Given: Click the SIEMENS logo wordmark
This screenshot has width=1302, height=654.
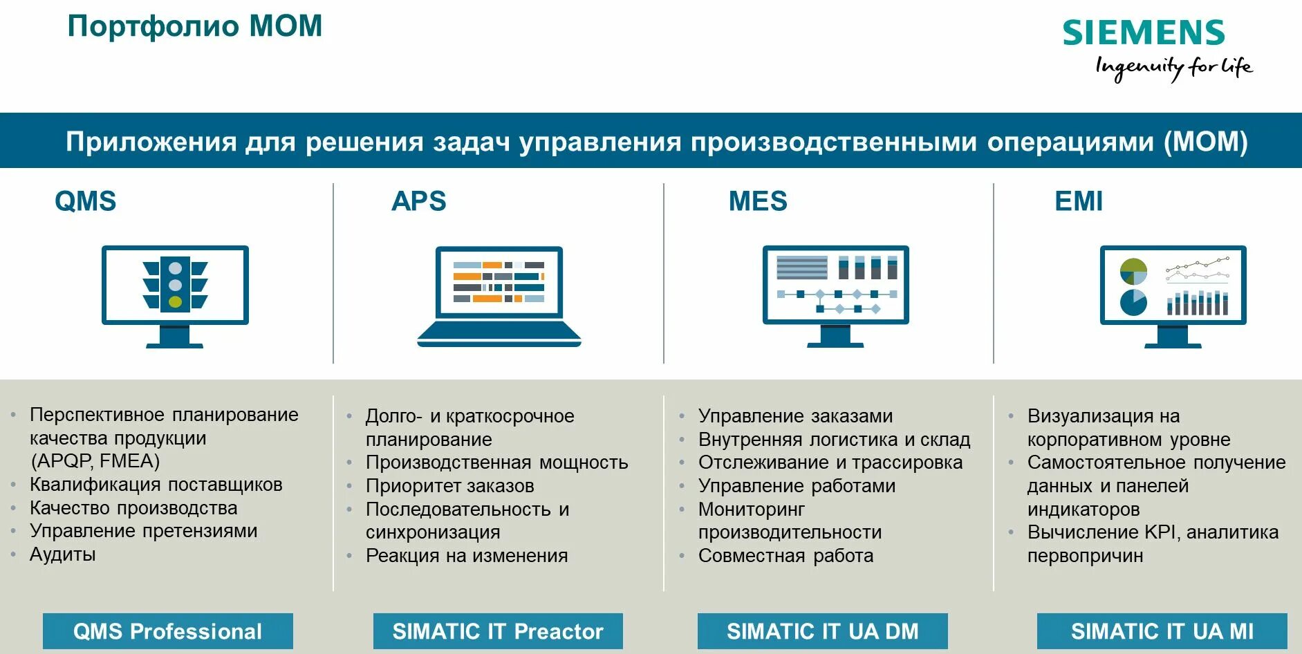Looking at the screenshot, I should pos(1143,32).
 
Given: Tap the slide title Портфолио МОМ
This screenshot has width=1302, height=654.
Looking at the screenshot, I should pos(194,26).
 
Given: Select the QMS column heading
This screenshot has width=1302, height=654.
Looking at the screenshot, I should pos(85,201).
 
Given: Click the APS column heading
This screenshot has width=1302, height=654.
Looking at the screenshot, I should pos(418,201).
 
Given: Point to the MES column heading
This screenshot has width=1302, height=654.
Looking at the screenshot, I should pos(758,201).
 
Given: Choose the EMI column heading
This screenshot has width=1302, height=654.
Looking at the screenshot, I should pos(1078,201).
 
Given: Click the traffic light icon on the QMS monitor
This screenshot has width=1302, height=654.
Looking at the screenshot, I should pos(175,284).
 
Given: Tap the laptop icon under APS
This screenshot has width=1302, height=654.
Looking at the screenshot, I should pos(499,296).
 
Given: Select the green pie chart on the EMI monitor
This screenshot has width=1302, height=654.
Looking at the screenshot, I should pos(1133,271).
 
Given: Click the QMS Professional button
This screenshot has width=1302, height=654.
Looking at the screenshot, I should pos(167,631).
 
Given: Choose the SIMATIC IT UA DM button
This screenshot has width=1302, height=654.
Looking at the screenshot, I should pos(822,631).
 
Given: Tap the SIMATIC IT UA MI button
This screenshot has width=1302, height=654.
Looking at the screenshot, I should pos(1162,631).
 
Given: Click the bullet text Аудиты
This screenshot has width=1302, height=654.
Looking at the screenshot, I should pos(62,554).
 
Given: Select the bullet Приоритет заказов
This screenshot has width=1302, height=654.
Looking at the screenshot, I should pos(449,486).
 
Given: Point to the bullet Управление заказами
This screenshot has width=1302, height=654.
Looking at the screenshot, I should pos(795,416).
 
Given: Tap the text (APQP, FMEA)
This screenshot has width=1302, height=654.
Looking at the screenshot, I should pos(95,461).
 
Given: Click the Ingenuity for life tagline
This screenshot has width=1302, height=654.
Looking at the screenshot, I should pos(1173,67).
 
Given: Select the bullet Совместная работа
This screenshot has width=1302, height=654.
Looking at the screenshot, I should pos(785,556).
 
